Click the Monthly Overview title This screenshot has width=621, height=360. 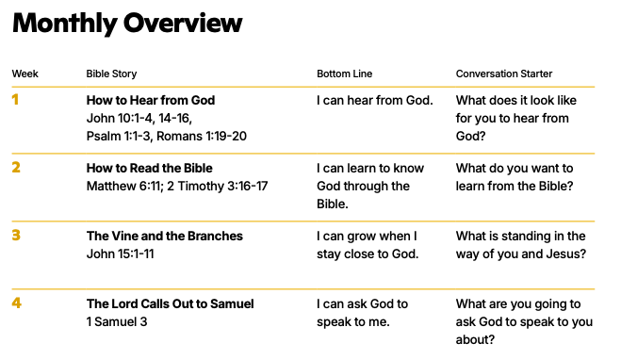[127, 24]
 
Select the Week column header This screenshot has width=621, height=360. [25, 74]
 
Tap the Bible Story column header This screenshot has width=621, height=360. [112, 74]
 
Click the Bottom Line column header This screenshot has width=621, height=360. [345, 74]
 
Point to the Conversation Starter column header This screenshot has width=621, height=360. [504, 74]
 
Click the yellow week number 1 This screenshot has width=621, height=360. [15, 99]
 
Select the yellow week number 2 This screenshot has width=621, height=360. [16, 167]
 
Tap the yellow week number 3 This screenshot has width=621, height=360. [16, 236]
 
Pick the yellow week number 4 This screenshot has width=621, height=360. [16, 303]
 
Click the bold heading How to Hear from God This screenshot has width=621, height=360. [151, 100]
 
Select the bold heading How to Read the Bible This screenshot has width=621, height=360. [149, 168]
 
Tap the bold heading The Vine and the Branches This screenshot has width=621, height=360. [165, 236]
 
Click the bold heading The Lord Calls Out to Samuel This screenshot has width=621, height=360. [171, 303]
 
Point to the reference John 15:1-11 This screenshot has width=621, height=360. [120, 254]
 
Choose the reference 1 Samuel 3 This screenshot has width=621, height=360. [117, 321]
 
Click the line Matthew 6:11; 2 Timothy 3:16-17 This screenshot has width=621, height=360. [177, 187]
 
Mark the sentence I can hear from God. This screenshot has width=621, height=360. [375, 100]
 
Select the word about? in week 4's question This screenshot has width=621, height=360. [475, 339]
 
